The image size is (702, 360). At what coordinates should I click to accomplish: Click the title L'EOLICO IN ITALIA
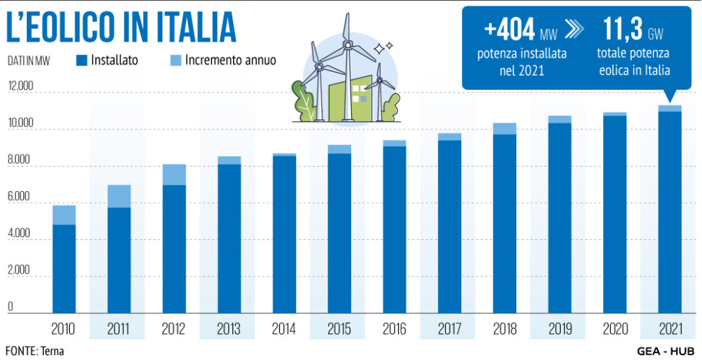121,28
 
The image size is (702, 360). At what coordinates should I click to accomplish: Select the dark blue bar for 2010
64,268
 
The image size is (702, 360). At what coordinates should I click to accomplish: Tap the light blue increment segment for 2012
174,174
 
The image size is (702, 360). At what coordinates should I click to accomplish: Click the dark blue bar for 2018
504,223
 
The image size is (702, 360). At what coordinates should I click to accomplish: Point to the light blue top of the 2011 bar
119,196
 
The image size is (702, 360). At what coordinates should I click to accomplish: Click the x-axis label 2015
338,329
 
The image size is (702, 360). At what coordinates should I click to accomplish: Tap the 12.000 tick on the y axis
20,86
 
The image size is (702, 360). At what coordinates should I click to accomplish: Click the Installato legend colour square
81,61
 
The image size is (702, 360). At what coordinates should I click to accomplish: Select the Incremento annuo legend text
231,61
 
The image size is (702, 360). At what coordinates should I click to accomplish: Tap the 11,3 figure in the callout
621,30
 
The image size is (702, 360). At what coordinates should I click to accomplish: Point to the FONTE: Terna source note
35,351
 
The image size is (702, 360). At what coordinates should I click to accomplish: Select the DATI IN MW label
30,61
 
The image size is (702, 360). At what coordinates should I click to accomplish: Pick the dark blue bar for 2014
284,234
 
